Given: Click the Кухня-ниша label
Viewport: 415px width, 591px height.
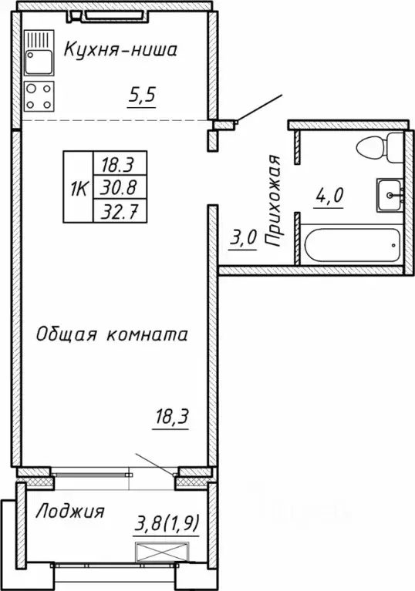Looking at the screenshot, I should (x=120, y=51).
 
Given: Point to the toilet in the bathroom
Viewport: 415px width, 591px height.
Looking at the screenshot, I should (x=380, y=147).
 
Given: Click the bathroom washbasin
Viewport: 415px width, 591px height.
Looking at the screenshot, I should (x=390, y=193).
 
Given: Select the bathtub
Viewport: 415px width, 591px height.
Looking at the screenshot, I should (x=352, y=246).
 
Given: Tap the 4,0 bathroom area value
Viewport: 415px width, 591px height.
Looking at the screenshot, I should (x=328, y=193).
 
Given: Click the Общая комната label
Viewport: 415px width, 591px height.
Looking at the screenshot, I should (x=113, y=335).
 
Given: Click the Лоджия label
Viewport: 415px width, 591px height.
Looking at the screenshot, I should (x=71, y=511).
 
